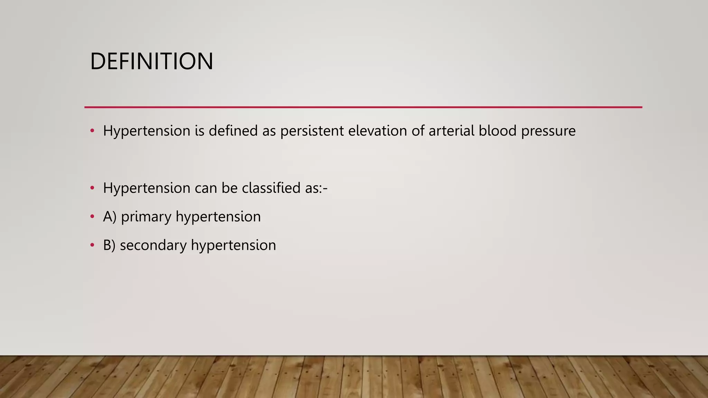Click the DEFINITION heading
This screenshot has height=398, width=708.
pyautogui.click(x=151, y=61)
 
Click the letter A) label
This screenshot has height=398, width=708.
pyautogui.click(x=110, y=217)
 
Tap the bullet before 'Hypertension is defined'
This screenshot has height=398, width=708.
pyautogui.click(x=92, y=131)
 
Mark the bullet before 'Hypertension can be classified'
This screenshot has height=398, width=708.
pyautogui.click(x=92, y=188)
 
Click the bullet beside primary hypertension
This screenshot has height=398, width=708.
pyautogui.click(x=92, y=217)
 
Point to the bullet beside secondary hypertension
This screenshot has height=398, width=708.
pyautogui.click(x=92, y=245)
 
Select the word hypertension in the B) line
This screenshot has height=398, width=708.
pyautogui.click(x=233, y=246)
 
